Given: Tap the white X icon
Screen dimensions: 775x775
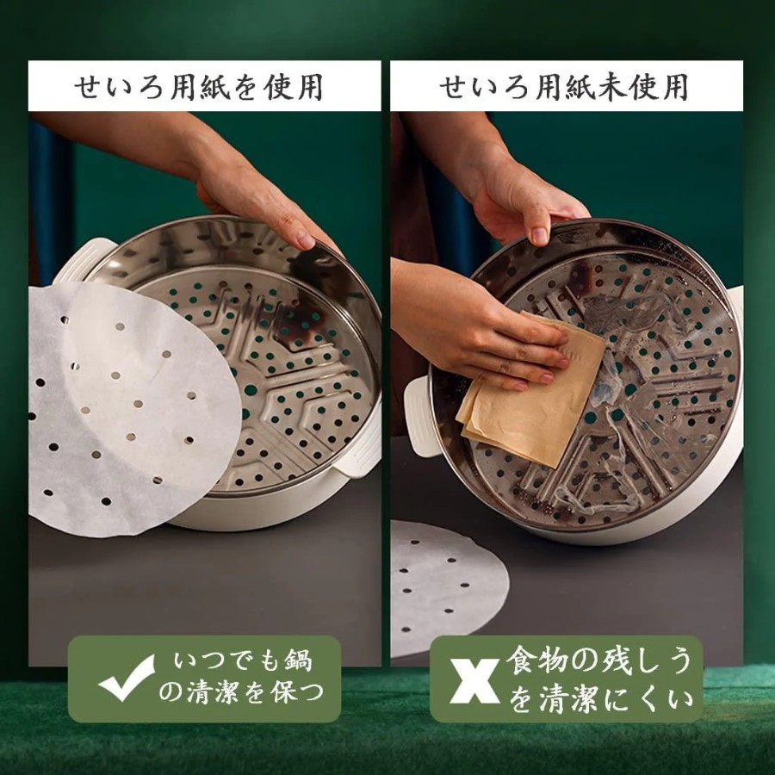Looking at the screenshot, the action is point(474,680).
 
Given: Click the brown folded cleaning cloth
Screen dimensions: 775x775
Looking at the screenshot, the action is point(530,388).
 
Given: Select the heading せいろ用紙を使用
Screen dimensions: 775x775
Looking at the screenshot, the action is point(199,88).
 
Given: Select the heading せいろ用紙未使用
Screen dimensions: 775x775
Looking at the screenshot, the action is point(564,88).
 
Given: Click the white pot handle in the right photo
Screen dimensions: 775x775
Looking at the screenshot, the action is point(419,415).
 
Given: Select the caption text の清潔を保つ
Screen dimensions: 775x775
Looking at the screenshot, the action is point(241,692).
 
